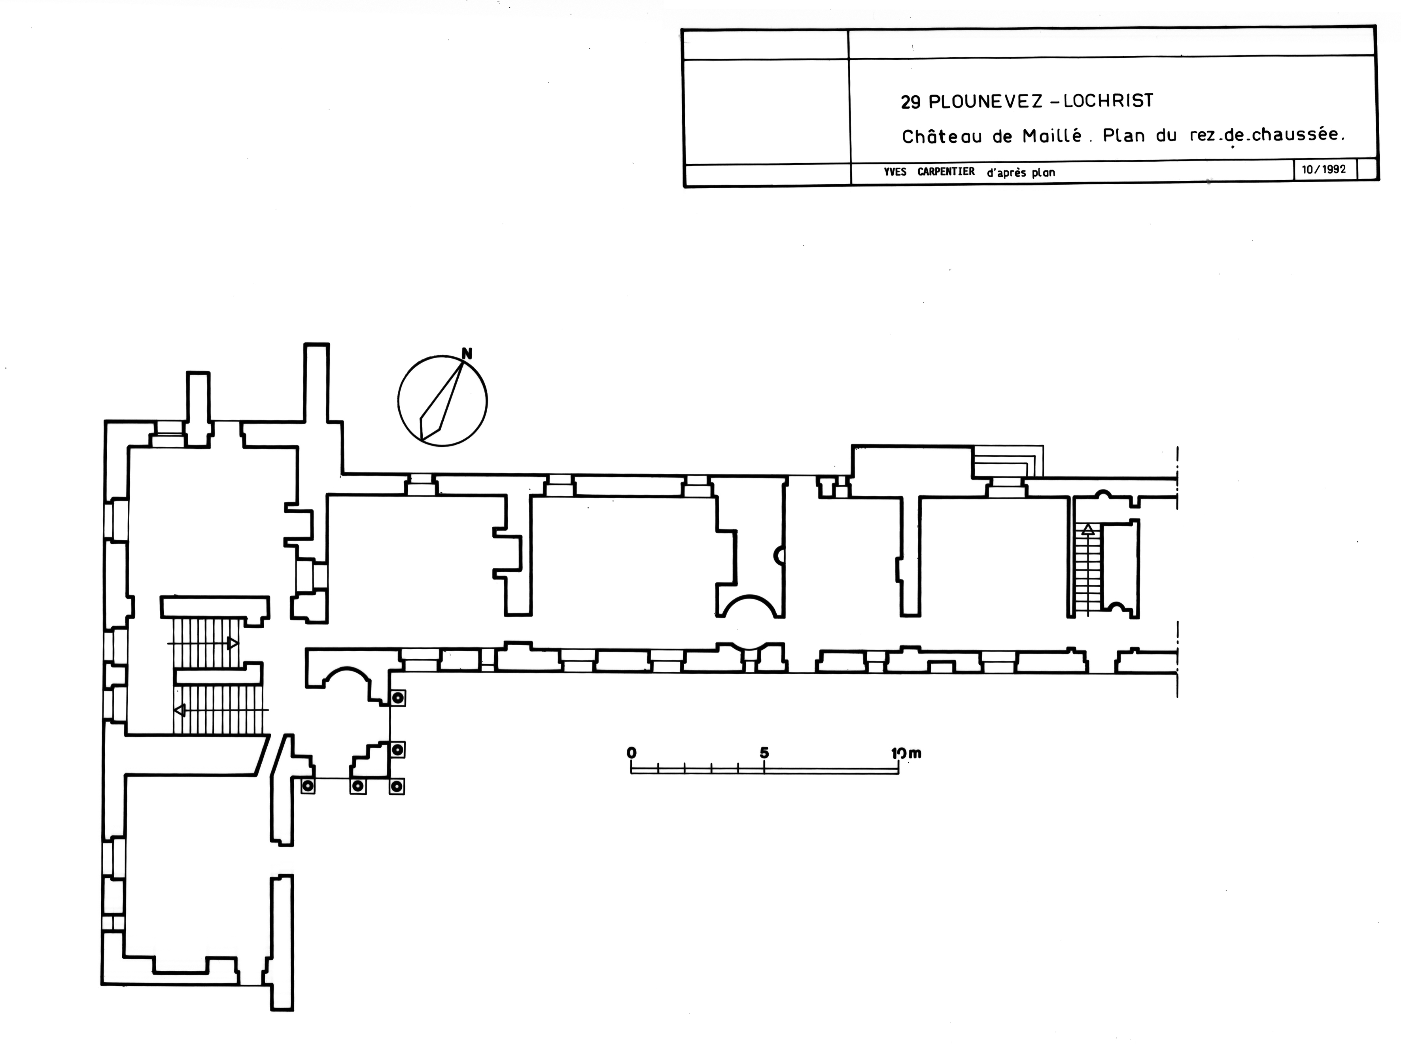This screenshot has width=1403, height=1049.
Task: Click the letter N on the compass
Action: [467, 354]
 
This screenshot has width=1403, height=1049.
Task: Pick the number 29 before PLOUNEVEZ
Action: [911, 102]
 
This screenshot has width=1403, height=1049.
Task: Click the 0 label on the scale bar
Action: [631, 753]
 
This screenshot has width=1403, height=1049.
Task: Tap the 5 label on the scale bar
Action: [764, 753]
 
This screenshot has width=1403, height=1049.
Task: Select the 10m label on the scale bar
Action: [906, 754]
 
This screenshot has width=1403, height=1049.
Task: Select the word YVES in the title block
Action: [894, 172]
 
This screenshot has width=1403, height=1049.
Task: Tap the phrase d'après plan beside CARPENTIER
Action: [1021, 172]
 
